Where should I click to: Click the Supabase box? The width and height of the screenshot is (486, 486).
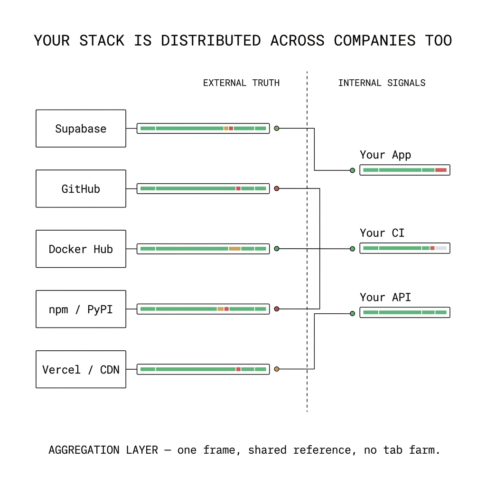[x=81, y=128]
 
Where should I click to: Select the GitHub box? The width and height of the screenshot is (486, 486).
[x=81, y=188]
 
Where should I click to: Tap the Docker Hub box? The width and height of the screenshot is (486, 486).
[x=81, y=249]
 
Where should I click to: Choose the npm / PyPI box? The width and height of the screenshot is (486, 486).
[x=81, y=309]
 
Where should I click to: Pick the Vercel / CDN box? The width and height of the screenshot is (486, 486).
[x=81, y=369]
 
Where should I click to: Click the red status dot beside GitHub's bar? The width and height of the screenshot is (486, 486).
[x=277, y=188]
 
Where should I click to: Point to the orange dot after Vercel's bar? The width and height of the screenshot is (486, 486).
[x=277, y=369]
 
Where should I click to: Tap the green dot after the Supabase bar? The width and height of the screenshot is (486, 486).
[x=277, y=128]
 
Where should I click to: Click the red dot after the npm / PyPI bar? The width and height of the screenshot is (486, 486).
[x=277, y=309]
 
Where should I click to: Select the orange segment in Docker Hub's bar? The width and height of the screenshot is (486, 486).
[x=234, y=249]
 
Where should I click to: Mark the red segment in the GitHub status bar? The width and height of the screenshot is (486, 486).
[x=238, y=188]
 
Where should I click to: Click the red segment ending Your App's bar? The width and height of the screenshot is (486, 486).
[x=441, y=170]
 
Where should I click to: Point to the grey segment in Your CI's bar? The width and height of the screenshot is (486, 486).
[x=441, y=248]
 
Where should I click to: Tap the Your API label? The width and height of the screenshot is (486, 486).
[x=385, y=297]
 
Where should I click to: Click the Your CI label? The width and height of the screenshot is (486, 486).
[x=382, y=233]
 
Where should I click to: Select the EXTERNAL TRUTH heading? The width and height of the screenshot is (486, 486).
[x=241, y=83]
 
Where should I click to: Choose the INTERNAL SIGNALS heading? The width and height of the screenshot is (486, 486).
[x=382, y=83]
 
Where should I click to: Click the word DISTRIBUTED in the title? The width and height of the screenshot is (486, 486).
[x=211, y=41]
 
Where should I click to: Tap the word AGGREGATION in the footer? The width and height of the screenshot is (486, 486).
[x=84, y=450]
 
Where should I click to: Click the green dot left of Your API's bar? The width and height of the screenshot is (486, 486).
[x=353, y=314]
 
